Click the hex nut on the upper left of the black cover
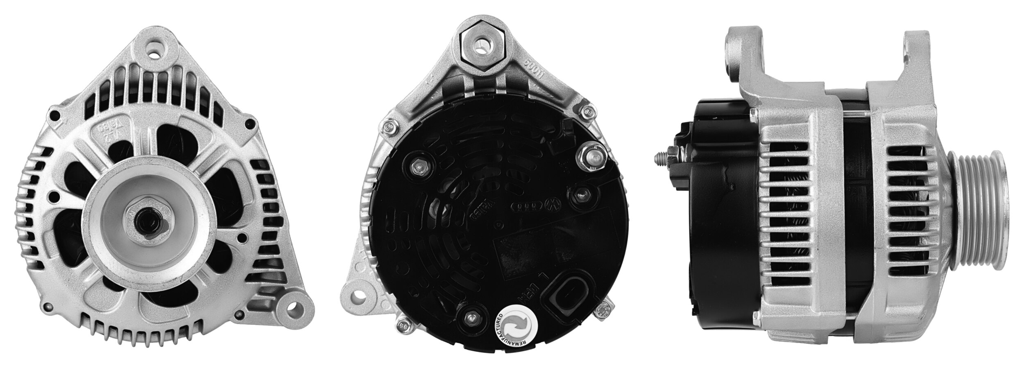coord(419,167)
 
